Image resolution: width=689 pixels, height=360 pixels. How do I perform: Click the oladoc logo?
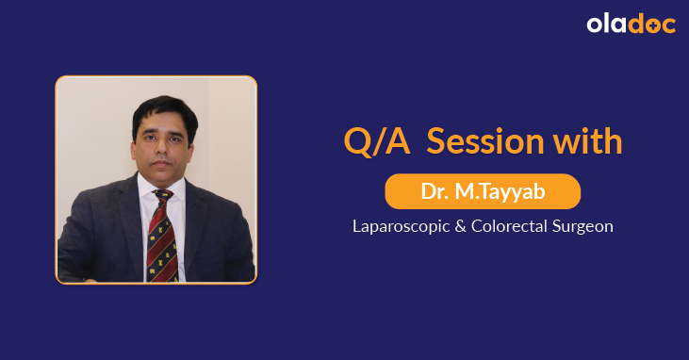631,25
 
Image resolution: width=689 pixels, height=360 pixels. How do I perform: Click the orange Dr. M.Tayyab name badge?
482,192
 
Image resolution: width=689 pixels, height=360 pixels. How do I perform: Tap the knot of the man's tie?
162,196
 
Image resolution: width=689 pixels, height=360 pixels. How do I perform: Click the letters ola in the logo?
609,25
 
